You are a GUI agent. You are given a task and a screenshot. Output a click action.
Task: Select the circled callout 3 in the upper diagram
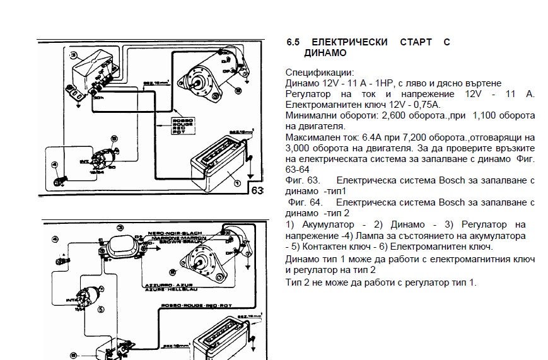tap(73, 54)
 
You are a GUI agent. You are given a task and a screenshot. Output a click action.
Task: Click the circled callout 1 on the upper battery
tap(237, 183)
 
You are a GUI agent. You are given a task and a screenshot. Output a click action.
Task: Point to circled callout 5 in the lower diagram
tap(100, 310)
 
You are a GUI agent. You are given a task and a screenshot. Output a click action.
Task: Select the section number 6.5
tap(293, 42)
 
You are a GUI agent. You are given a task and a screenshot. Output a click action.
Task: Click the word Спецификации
tap(319, 73)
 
